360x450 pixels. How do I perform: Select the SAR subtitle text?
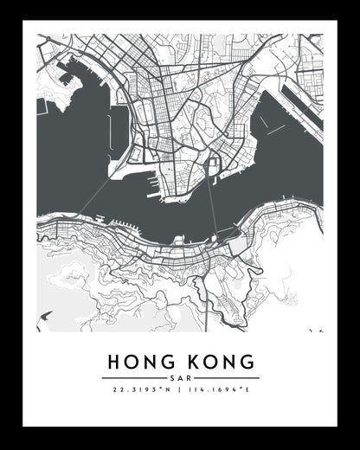point(180,378)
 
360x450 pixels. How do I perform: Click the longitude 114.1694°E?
point(218,390)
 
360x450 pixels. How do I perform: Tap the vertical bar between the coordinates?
point(180,390)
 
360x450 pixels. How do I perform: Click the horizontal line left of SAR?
point(133,378)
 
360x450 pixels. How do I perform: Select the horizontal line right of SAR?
point(226,378)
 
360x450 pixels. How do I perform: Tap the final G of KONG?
point(247,361)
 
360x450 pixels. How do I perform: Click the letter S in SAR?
point(172,378)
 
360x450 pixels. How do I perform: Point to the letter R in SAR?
point(188,378)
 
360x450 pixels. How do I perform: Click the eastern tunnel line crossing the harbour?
point(211,202)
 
